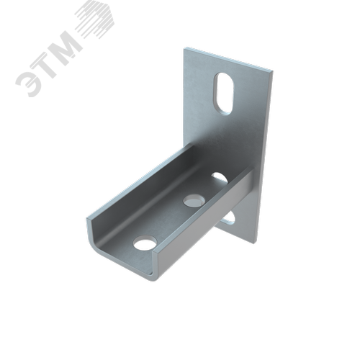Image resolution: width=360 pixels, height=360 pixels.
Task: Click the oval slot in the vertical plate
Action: coord(224,93)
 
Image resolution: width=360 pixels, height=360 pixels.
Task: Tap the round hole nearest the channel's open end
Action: coord(145,243)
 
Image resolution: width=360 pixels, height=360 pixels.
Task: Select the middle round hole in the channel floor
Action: coord(194,200)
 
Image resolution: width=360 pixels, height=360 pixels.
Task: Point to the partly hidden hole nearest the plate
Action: coord(220,177)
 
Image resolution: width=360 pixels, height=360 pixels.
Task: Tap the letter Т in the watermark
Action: coord(45,63)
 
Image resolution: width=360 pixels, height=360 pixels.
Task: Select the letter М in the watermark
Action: coord(65,45)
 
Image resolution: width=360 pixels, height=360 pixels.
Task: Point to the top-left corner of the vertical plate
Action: coord(184,49)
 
